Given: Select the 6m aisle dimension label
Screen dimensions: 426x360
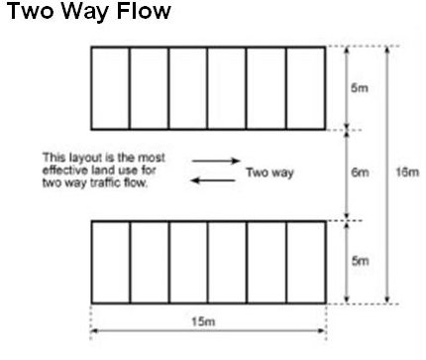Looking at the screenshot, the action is (361, 173).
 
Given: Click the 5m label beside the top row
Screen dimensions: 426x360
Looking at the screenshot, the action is (361, 86).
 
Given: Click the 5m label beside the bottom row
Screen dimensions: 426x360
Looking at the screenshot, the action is (361, 261).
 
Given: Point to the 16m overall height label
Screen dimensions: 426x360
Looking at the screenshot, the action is (406, 173).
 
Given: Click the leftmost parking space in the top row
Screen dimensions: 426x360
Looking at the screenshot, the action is (110, 87).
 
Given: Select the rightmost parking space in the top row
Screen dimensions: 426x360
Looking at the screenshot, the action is (305, 87).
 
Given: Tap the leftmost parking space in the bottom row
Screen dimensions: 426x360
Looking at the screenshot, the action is (110, 262).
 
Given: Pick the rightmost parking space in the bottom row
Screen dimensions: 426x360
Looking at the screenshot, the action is (305, 262).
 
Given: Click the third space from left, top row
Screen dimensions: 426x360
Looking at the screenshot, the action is (188, 87).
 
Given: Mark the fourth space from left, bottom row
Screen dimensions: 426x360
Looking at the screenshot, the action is (227, 262).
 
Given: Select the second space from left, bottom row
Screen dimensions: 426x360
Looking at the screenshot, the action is (150, 262).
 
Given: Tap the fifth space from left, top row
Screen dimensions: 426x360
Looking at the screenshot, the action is (266, 87).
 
